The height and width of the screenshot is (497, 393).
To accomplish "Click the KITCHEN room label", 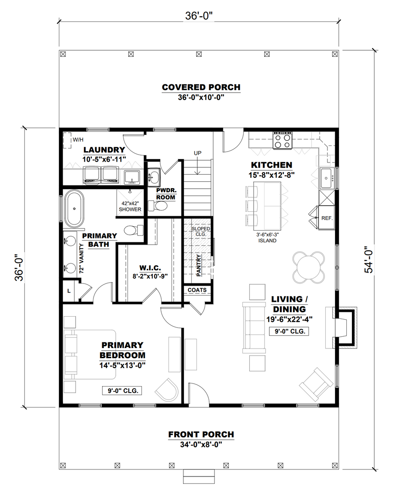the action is [271, 165].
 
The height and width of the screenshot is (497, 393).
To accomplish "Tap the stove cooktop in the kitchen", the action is [283, 141].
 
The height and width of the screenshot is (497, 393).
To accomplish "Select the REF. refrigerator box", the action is [327, 217].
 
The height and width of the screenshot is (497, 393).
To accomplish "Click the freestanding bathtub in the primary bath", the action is [75, 209].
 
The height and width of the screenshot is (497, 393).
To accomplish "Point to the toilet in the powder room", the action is [159, 206].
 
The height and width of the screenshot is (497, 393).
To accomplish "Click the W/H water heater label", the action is [78, 139].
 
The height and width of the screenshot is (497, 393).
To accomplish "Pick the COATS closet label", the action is [197, 290].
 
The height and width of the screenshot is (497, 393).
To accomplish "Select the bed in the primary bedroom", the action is [90, 354].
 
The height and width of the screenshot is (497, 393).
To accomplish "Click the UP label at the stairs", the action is [197, 153].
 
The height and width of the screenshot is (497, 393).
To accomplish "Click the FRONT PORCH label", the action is [201, 434].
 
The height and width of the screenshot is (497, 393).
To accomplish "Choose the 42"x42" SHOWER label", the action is [130, 206].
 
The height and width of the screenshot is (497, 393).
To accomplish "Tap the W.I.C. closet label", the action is [150, 268].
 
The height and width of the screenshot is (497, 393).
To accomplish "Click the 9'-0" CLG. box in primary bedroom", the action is [122, 390].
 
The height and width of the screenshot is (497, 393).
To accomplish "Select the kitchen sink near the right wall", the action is [327, 178].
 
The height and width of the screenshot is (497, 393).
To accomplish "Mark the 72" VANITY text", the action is [81, 258].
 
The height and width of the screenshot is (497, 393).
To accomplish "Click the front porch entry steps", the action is [199, 476].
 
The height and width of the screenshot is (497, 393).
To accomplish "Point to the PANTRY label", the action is [199, 265].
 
